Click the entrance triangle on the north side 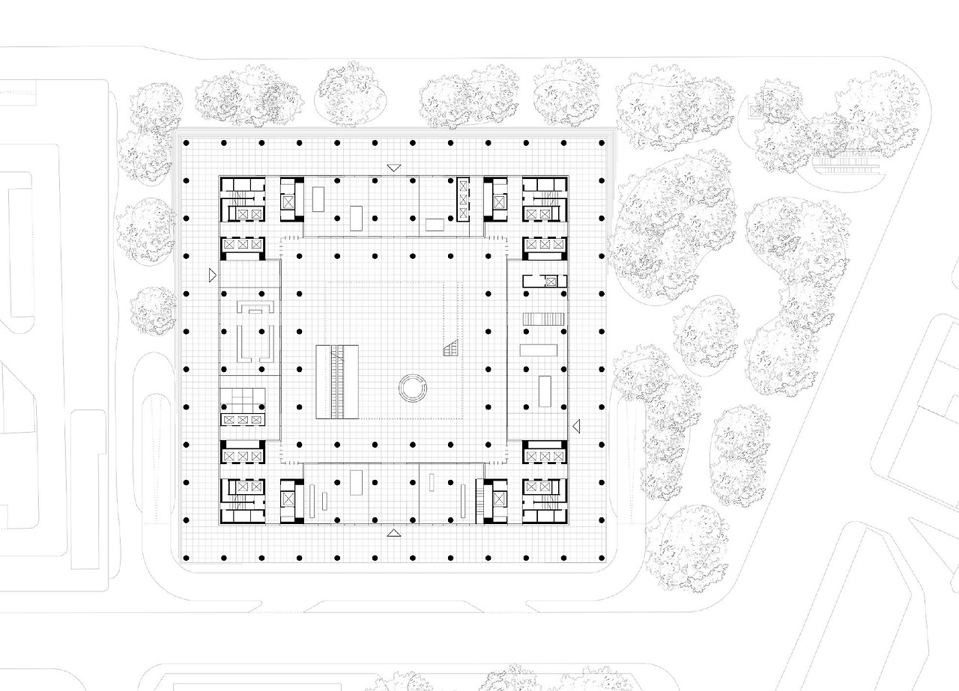[393, 168]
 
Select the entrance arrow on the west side [214, 275]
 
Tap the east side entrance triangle [576, 426]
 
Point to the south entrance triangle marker [393, 533]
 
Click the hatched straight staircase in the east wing [542, 319]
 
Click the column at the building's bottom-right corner [602, 557]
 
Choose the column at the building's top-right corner [602, 142]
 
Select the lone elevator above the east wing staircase [551, 281]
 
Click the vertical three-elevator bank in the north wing [463, 200]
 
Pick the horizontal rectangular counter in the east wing [539, 350]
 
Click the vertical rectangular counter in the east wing [544, 391]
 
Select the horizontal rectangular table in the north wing [435, 224]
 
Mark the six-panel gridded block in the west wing [241, 399]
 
